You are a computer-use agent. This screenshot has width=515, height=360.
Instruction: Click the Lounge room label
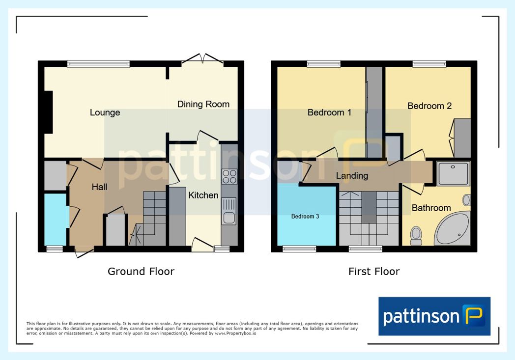(x=105, y=112)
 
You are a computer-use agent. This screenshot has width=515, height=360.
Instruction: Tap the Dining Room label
(x=203, y=104)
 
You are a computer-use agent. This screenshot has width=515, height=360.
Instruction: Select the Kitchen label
(x=203, y=195)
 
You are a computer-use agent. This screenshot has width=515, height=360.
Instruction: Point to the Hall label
(x=100, y=187)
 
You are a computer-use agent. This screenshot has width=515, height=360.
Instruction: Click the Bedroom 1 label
(x=329, y=112)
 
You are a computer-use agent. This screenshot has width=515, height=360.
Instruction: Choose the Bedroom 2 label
(x=429, y=106)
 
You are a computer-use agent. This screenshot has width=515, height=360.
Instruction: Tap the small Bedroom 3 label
(x=305, y=216)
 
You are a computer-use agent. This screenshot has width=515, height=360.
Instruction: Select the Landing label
(x=352, y=176)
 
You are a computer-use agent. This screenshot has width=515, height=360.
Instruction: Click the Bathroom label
(x=431, y=208)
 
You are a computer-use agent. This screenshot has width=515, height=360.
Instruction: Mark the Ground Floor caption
(x=141, y=272)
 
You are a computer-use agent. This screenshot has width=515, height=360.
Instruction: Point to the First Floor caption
(x=374, y=272)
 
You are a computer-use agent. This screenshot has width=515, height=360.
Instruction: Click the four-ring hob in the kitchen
(x=229, y=176)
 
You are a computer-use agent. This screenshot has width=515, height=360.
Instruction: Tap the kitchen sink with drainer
(x=229, y=211)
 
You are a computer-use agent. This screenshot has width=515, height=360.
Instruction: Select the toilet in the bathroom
(x=416, y=236)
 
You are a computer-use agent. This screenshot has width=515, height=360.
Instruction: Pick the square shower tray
(x=453, y=173)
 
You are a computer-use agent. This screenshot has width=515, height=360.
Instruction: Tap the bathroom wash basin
(x=466, y=200)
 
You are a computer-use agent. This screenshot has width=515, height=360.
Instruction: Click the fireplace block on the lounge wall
(x=49, y=112)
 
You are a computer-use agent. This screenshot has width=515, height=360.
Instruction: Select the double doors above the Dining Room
(x=202, y=59)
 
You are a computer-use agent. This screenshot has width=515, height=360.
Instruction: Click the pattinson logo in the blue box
(x=434, y=316)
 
